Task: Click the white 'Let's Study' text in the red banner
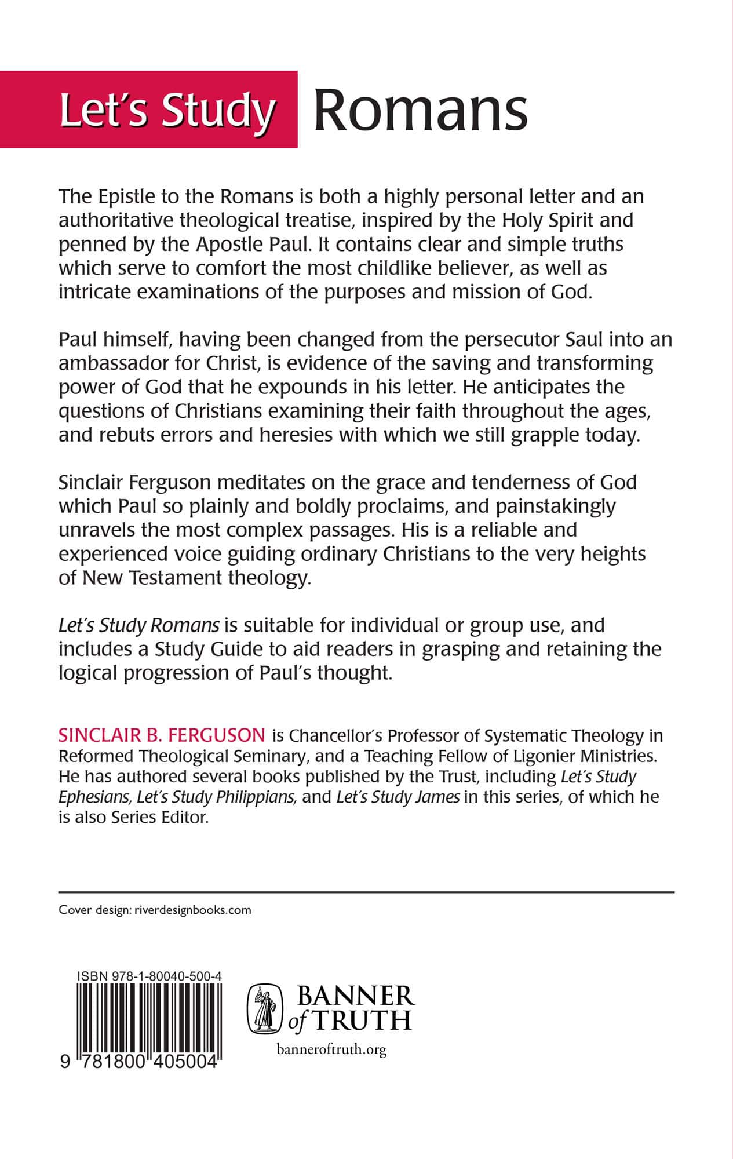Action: pos(166,110)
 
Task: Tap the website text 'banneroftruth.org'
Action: pos(332,1049)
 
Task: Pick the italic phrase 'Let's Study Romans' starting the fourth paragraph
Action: pos(139,625)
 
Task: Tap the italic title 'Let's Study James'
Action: pos(398,796)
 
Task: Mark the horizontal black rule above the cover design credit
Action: pos(366,891)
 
